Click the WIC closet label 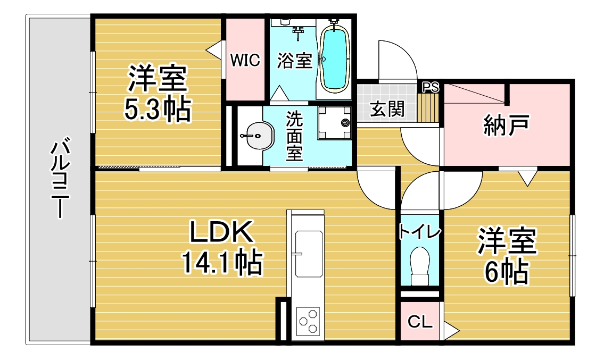click(x=245, y=60)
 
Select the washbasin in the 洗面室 click(x=256, y=136)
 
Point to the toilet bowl click(x=420, y=266)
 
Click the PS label click(x=431, y=87)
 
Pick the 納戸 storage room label click(x=506, y=125)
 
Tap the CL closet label click(x=419, y=321)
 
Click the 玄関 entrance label click(x=387, y=109)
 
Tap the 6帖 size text click(x=506, y=272)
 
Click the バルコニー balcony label click(x=60, y=178)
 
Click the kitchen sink click(x=309, y=254)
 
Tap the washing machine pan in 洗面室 click(x=335, y=123)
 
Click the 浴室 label click(x=295, y=61)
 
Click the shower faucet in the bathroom click(x=298, y=32)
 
